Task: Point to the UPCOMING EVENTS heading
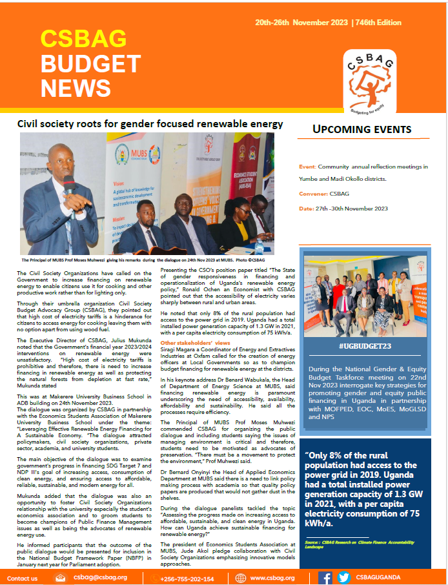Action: coord(361,129)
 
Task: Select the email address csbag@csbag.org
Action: coord(100,577)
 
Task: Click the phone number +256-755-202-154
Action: coord(187,578)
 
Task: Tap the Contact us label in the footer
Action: coord(22,578)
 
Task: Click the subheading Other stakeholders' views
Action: coord(195,342)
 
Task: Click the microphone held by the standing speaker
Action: coord(66,179)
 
